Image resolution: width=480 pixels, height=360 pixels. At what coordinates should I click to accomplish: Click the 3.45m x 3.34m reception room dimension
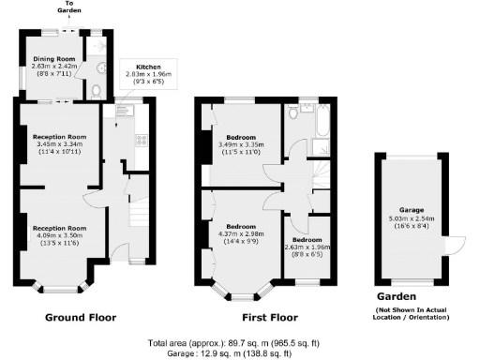[x=61, y=143]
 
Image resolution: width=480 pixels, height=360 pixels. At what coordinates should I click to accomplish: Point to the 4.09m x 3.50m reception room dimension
[x=61, y=235]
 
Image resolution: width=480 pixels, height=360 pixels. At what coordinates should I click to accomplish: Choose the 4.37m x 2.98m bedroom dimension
[x=240, y=233]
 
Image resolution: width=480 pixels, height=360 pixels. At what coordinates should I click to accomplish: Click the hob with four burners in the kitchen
[x=141, y=142]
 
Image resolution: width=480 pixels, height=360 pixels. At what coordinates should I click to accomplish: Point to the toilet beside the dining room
[x=97, y=90]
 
